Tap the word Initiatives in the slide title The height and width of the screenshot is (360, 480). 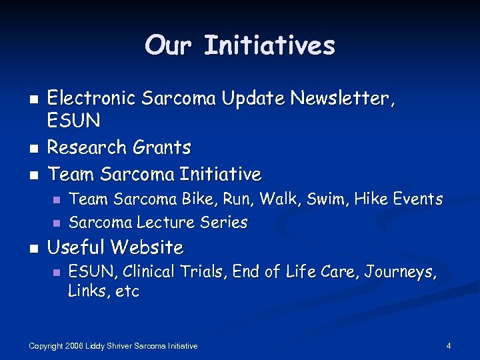coord(269,45)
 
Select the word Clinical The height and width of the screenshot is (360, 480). coord(149,271)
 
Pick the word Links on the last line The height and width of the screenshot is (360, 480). coord(87,292)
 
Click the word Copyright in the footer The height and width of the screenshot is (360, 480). coord(48,346)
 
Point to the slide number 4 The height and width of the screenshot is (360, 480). coord(449,346)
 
